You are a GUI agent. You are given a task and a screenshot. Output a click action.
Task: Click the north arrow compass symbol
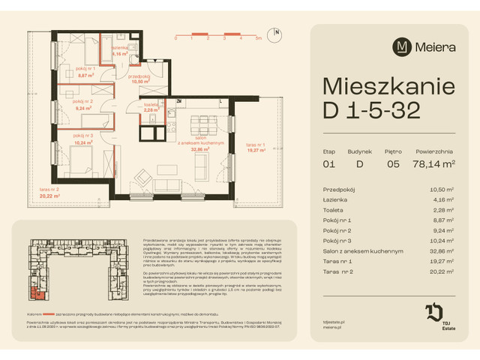(x=277, y=33)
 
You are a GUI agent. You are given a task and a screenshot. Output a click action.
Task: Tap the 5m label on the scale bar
(x=258, y=37)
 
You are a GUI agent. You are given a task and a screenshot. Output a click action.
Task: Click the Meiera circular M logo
(x=402, y=46)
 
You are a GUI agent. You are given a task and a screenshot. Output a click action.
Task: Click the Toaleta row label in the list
(x=333, y=210)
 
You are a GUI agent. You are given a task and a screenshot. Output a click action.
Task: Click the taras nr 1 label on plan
(x=256, y=147)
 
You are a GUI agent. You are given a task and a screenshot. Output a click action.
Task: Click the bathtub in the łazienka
(x=98, y=51)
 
